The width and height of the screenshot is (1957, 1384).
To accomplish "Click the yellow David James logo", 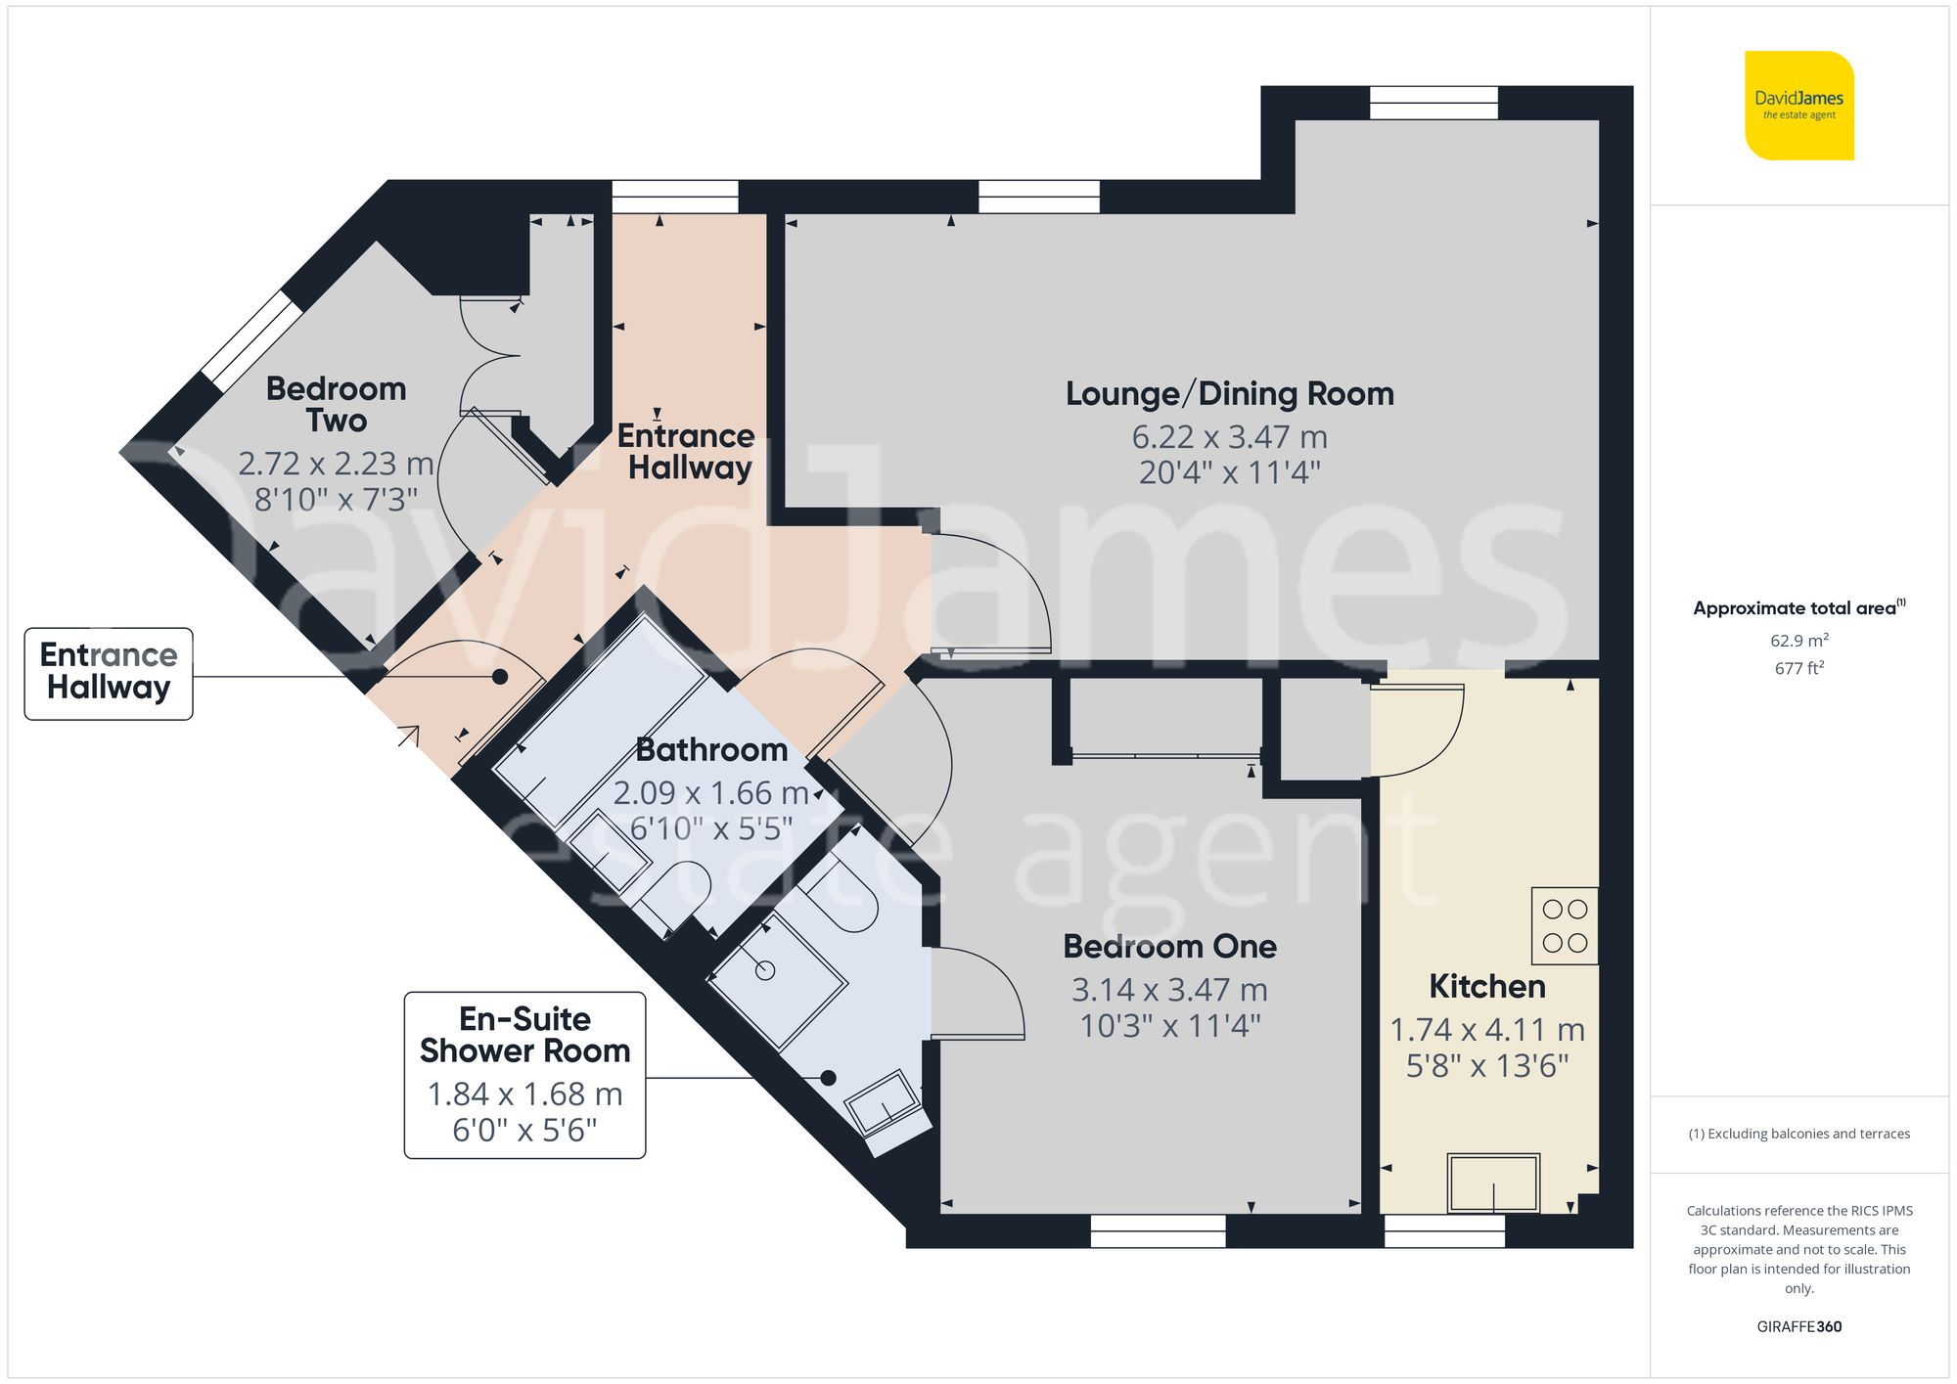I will pyautogui.click(x=1798, y=106).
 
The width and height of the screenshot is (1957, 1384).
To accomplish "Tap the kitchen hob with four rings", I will pyautogui.click(x=1564, y=925).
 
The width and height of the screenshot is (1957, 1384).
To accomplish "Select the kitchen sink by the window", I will pyautogui.click(x=1493, y=1183).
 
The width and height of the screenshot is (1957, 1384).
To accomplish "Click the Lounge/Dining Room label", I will pyautogui.click(x=1229, y=394).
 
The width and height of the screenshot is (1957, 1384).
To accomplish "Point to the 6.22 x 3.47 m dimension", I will pyautogui.click(x=1229, y=437).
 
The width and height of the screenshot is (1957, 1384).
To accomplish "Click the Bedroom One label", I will pyautogui.click(x=1169, y=947).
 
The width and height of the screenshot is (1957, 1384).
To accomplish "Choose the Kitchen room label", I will pyautogui.click(x=1486, y=987).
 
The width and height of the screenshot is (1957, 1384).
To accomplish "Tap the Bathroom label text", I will pyautogui.click(x=711, y=750).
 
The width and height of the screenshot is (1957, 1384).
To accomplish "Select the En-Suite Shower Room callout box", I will pyautogui.click(x=524, y=1075).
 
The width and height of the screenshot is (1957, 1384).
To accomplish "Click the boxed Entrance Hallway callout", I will pyautogui.click(x=109, y=673).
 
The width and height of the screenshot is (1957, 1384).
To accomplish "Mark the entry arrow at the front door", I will pyautogui.click(x=409, y=735).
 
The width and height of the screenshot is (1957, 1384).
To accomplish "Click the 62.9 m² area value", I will pyautogui.click(x=1798, y=642).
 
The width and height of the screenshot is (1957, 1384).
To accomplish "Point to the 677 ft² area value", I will pyautogui.click(x=1798, y=669).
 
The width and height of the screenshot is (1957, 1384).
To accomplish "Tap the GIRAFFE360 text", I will pyautogui.click(x=1798, y=1327).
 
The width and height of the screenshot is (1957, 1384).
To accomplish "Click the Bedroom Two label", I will pyautogui.click(x=336, y=404).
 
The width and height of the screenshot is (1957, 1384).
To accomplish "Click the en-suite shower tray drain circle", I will pyautogui.click(x=765, y=970).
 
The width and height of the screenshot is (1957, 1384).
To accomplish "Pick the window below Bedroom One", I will pyautogui.click(x=1158, y=1230).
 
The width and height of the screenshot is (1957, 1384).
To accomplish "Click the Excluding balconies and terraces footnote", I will pyautogui.click(x=1798, y=1135).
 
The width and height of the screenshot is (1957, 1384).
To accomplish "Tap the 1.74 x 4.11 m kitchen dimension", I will pyautogui.click(x=1486, y=1030).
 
